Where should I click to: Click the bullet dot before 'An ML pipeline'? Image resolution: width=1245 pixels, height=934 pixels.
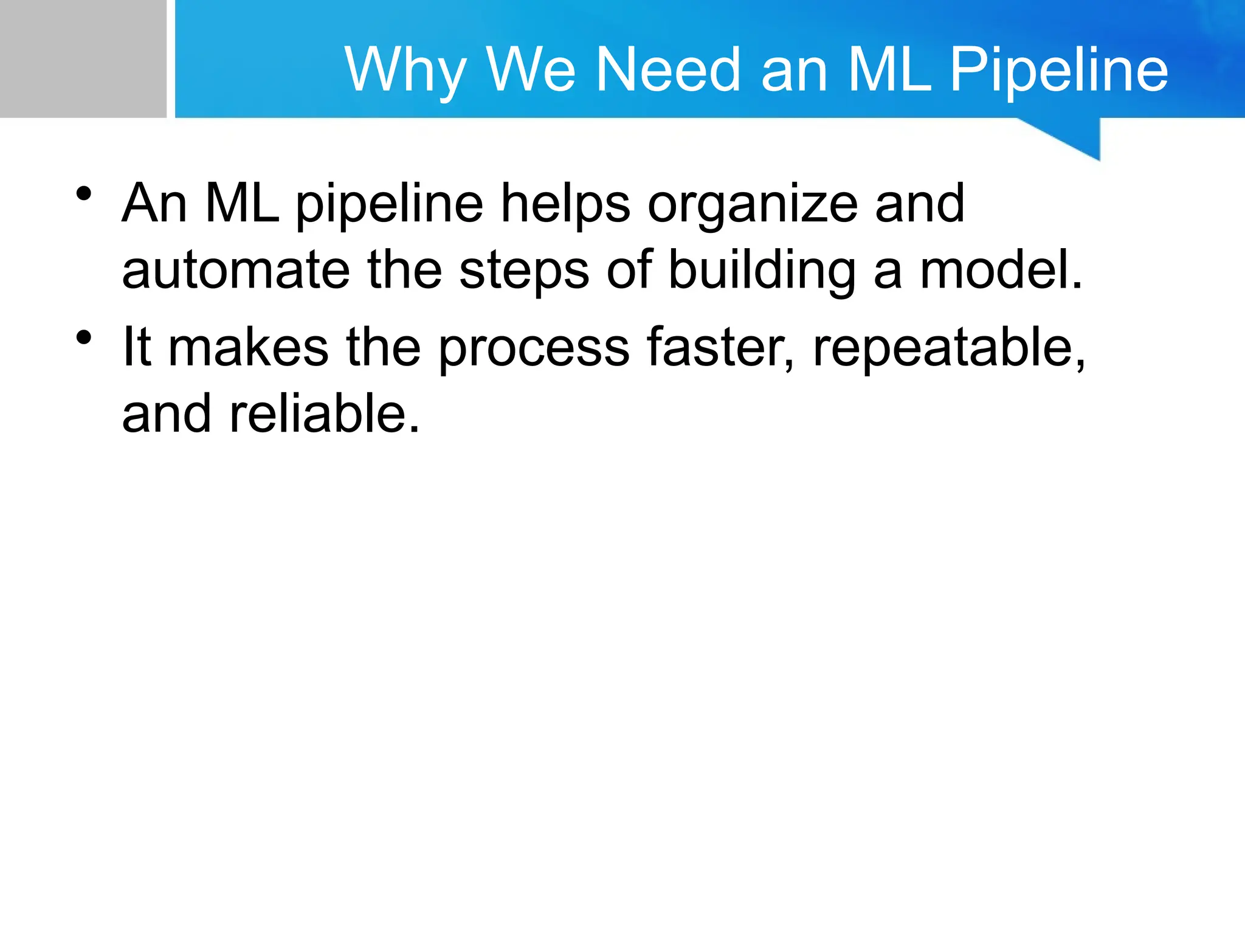84,194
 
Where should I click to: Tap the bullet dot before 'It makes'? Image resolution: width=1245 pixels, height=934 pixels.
84,337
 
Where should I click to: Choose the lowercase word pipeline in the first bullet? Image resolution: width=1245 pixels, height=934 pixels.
389,204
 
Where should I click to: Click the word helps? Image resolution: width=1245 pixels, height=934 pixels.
565,204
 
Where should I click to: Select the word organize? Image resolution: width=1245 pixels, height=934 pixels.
753,204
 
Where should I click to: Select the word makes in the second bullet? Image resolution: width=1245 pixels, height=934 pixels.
248,348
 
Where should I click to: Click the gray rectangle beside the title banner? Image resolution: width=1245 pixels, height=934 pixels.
83,58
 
